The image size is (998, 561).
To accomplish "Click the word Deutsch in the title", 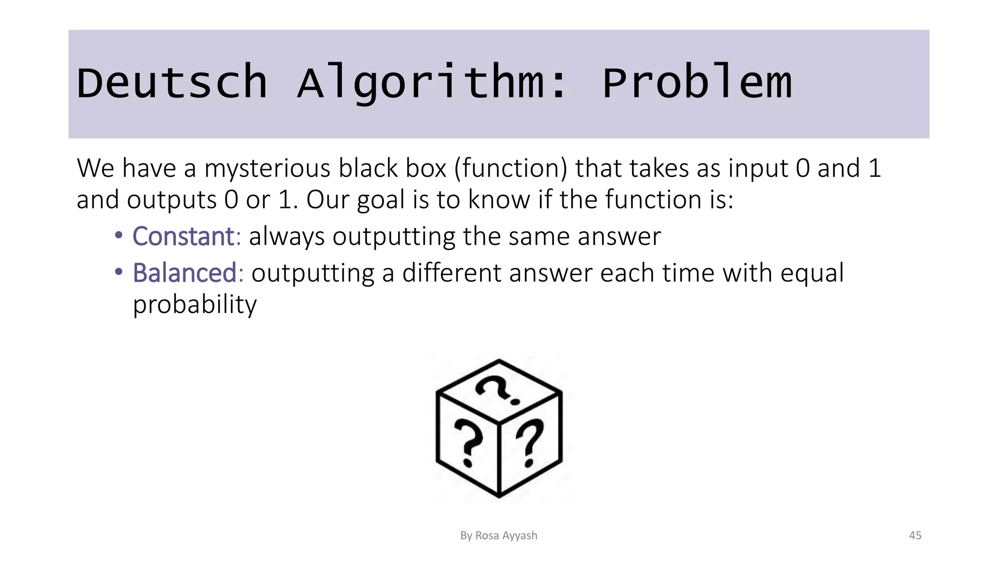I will coord(172,83).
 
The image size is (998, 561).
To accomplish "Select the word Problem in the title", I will coord(697,83).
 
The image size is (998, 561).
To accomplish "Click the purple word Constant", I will coord(184,237).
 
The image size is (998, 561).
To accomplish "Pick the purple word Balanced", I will coord(185,273).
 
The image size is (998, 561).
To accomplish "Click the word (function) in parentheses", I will coord(511,168).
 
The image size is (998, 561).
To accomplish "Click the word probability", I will coord(194,305).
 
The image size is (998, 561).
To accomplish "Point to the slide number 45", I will coord(915,536).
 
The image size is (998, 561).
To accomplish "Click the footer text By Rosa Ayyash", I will coord(499,536).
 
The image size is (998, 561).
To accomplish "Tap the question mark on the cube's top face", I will coord(497,390).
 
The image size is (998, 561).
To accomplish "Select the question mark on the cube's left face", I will coord(468,442).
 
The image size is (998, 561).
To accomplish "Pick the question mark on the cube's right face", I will coord(530,442).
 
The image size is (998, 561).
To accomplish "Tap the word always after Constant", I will coord(287,237).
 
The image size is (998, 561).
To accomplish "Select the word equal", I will coord(812,273).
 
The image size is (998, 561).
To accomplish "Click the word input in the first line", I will coord(758,168).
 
